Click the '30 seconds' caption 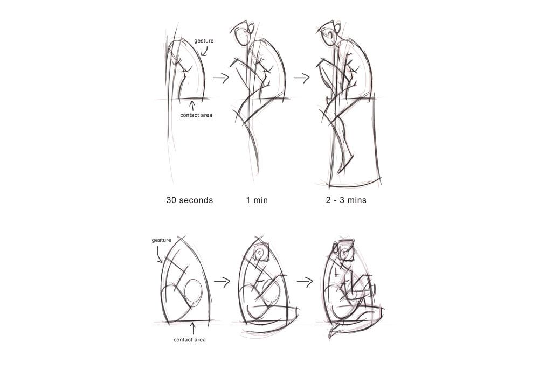tap(190, 200)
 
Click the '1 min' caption tap(257, 200)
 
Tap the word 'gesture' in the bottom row tap(161, 240)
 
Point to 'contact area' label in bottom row tap(190, 340)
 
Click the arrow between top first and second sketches tap(221, 78)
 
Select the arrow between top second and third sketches tap(302, 78)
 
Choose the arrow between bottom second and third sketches tap(306, 281)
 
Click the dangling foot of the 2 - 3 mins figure tap(345, 164)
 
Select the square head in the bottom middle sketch tap(263, 253)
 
